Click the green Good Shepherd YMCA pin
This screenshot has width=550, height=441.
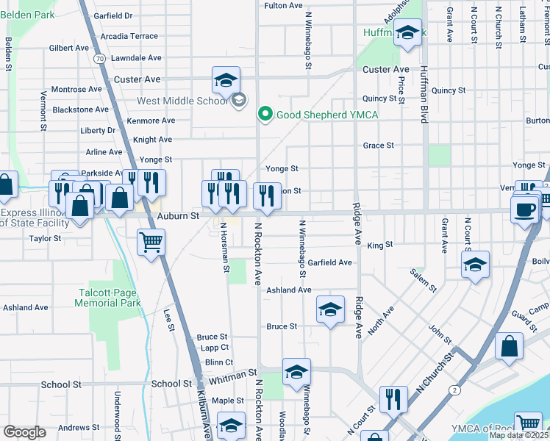[265, 114]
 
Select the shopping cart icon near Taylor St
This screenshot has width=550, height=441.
[151, 241]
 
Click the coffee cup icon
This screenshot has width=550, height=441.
[524, 209]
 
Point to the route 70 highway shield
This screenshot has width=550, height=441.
[100, 57]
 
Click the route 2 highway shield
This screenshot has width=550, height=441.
[456, 389]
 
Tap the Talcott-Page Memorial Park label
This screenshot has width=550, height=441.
[110, 298]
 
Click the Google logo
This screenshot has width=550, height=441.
[24, 432]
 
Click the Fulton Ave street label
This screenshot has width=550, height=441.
[283, 5]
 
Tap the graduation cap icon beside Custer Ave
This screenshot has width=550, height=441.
[226, 79]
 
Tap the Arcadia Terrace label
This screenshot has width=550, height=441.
[129, 36]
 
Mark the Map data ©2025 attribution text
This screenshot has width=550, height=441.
[518, 435]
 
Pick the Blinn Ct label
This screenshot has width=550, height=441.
[218, 362]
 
